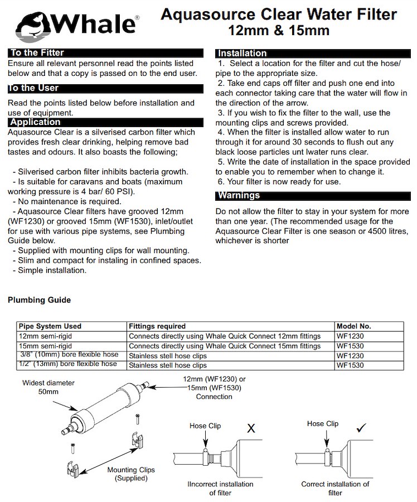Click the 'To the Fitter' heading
click(x=37, y=53)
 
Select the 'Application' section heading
click(x=35, y=122)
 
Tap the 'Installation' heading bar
click(x=242, y=53)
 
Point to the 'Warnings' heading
click(x=239, y=195)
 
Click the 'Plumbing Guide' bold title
click(x=39, y=300)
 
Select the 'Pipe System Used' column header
click(x=50, y=326)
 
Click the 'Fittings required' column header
click(x=157, y=326)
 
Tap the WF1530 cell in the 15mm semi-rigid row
click(x=350, y=346)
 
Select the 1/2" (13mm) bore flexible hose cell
click(x=68, y=364)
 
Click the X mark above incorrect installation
click(x=251, y=428)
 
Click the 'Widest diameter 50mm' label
click(x=49, y=388)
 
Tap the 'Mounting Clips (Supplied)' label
click(x=131, y=474)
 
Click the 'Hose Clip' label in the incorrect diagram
click(x=205, y=426)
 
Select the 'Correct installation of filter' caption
click(x=335, y=488)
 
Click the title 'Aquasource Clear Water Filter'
click(x=279, y=14)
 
